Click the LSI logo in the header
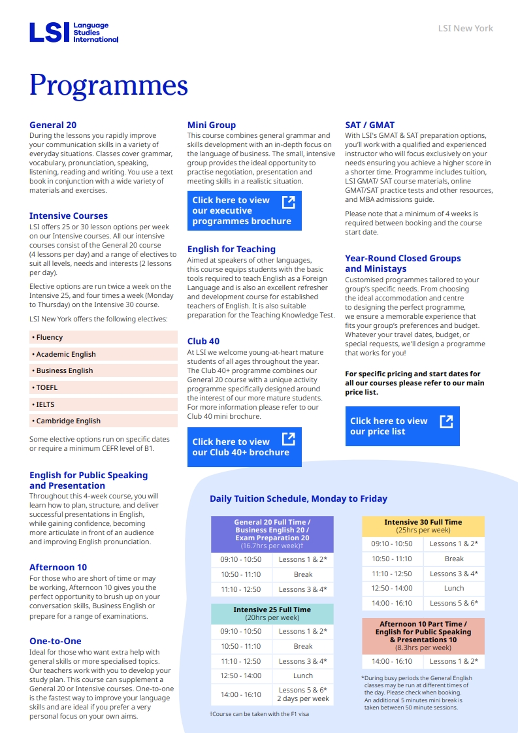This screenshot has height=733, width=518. (x=73, y=32)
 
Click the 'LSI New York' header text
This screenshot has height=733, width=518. (x=465, y=28)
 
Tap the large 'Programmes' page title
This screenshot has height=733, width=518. (x=108, y=86)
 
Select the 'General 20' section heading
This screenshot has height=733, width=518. (x=53, y=125)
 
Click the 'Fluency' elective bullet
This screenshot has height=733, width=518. (x=50, y=337)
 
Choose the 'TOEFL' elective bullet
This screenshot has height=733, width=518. (x=47, y=387)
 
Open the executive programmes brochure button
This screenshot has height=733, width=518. (x=244, y=210)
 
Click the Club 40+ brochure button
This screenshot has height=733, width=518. (x=244, y=447)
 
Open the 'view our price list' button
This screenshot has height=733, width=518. (x=402, y=426)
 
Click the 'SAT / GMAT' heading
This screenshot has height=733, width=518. (x=370, y=125)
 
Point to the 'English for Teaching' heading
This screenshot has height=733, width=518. (x=231, y=249)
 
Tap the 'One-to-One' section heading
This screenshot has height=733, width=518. (x=56, y=641)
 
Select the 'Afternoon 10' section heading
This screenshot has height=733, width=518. (x=58, y=567)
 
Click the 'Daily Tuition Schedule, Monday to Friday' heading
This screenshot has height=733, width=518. (x=299, y=498)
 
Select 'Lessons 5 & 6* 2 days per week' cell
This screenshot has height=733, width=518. (x=302, y=694)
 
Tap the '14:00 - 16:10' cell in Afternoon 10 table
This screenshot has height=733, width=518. (x=392, y=661)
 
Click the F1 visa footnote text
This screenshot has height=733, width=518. (x=259, y=714)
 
